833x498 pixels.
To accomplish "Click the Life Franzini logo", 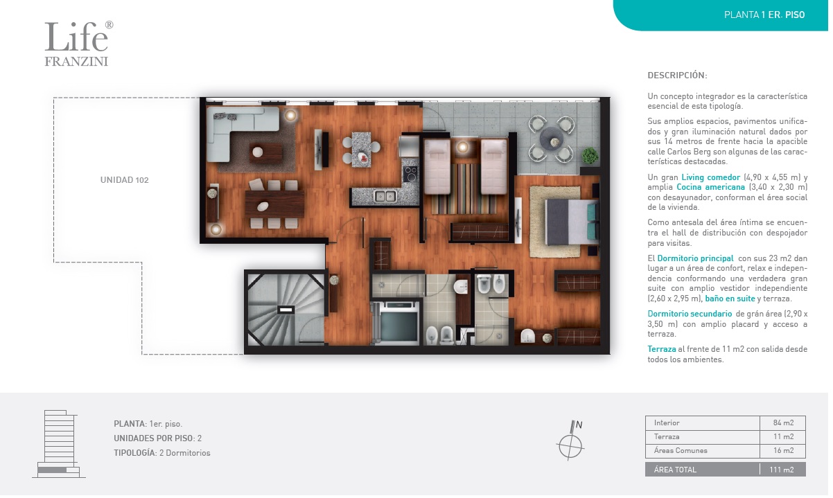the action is tap(79, 44).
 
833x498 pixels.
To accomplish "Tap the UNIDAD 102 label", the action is tap(125, 180).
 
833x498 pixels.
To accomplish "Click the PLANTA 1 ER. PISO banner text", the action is tap(764, 15).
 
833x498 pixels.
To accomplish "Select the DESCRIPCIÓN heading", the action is tap(677, 75).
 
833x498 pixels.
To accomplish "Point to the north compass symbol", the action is tap(570, 441).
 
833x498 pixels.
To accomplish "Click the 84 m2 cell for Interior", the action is tap(783, 423).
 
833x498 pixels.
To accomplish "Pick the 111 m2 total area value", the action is tap(782, 470).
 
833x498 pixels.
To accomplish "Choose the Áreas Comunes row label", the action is tap(681, 451).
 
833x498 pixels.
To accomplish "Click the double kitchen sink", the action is tap(385, 196).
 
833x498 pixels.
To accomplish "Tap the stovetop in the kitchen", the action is tap(410, 174).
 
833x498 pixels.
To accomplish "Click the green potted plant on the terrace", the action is tap(590, 156).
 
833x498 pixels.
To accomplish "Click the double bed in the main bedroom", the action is tap(572, 222).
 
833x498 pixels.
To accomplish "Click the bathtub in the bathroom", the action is tap(398, 322).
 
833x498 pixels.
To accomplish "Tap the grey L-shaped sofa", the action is tap(238, 130).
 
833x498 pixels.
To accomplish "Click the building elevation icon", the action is tap(59, 444).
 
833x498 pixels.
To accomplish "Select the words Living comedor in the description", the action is tap(710, 177).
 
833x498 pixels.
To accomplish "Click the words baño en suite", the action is tap(730, 299).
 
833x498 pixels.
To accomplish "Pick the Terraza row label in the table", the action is tap(667, 436).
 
